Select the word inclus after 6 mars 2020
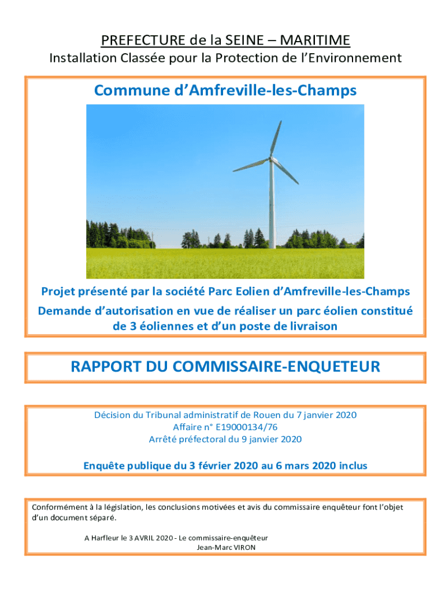click(350, 465)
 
